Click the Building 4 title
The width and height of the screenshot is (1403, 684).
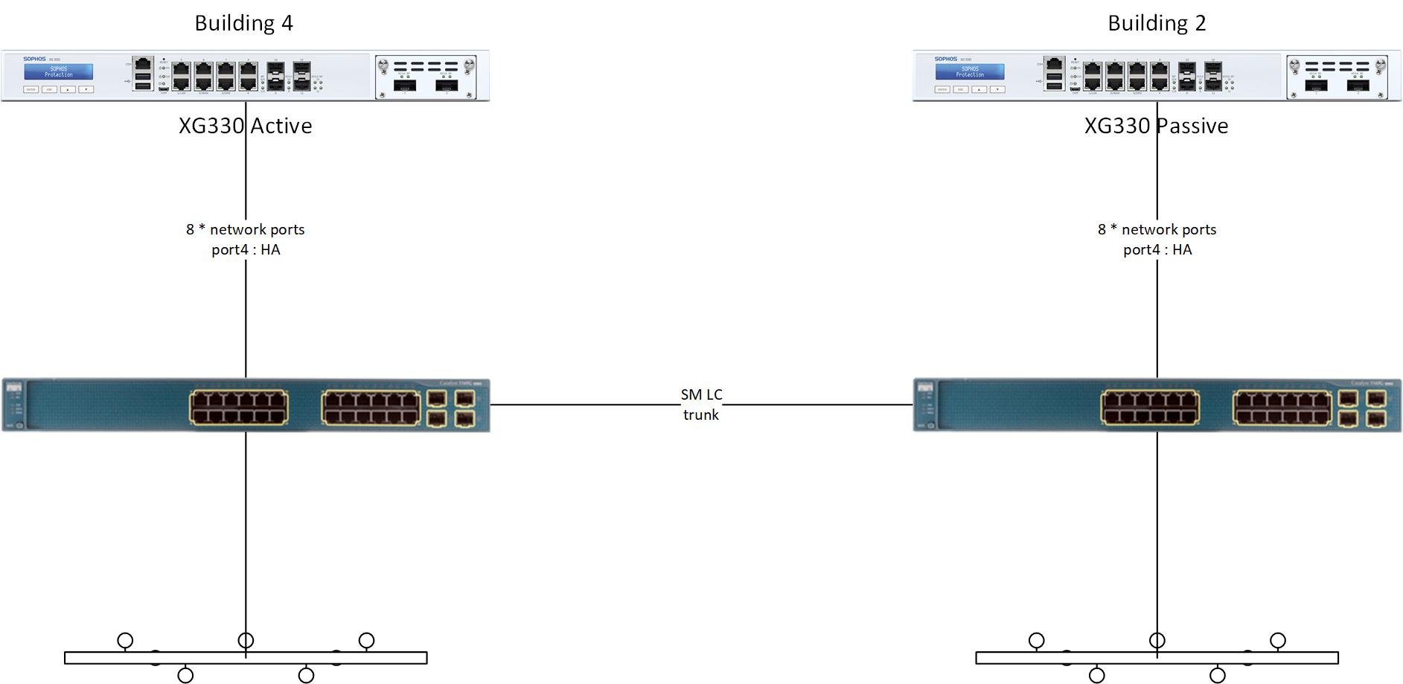point(244,23)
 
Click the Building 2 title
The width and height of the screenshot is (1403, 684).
point(1157,23)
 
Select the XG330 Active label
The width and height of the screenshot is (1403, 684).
point(245,126)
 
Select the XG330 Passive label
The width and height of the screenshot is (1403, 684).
point(1156,126)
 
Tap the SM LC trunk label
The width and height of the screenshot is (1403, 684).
point(701,404)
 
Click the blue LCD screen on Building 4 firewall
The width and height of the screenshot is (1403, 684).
point(58,72)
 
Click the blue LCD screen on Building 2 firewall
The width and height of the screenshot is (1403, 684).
point(970,72)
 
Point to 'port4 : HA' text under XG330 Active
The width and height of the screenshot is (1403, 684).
point(246,250)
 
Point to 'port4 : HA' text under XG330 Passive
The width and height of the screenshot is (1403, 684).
point(1157,250)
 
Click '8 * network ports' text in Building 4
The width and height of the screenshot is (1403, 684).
point(245,229)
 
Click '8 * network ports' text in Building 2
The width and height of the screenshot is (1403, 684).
point(1157,229)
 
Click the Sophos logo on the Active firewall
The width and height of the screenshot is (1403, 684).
point(34,59)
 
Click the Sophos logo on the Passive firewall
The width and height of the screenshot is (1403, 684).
point(946,59)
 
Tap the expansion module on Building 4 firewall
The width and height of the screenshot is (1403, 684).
point(426,77)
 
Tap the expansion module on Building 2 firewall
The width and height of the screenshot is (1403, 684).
point(1338,77)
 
